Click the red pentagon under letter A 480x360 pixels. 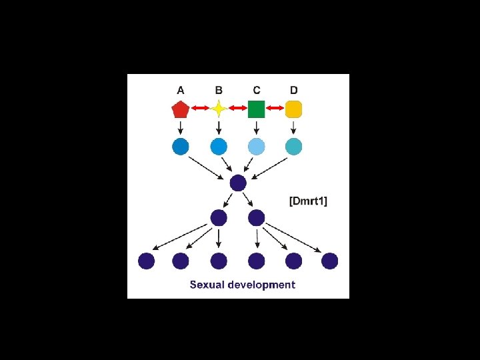tap(181, 109)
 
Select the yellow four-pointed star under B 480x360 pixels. tap(219, 109)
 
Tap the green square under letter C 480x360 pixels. tap(257, 109)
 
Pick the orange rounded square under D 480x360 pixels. tap(294, 109)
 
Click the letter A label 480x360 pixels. tap(181, 89)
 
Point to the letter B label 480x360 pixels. tap(219, 89)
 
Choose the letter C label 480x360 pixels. tap(257, 89)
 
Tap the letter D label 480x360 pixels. tap(294, 89)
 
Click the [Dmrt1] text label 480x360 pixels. tap(308, 201)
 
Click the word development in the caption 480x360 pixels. tap(261, 285)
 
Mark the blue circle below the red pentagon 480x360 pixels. tap(181, 146)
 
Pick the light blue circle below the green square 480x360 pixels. tap(257, 146)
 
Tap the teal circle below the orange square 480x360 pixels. tap(294, 146)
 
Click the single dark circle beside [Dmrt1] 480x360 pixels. tap(238, 183)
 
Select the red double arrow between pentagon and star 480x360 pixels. tap(199, 109)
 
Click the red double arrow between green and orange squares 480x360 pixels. tap(275, 109)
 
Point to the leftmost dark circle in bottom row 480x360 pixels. tap(147, 261)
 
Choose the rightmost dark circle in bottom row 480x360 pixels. tap(329, 261)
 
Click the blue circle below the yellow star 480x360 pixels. tap(219, 146)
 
